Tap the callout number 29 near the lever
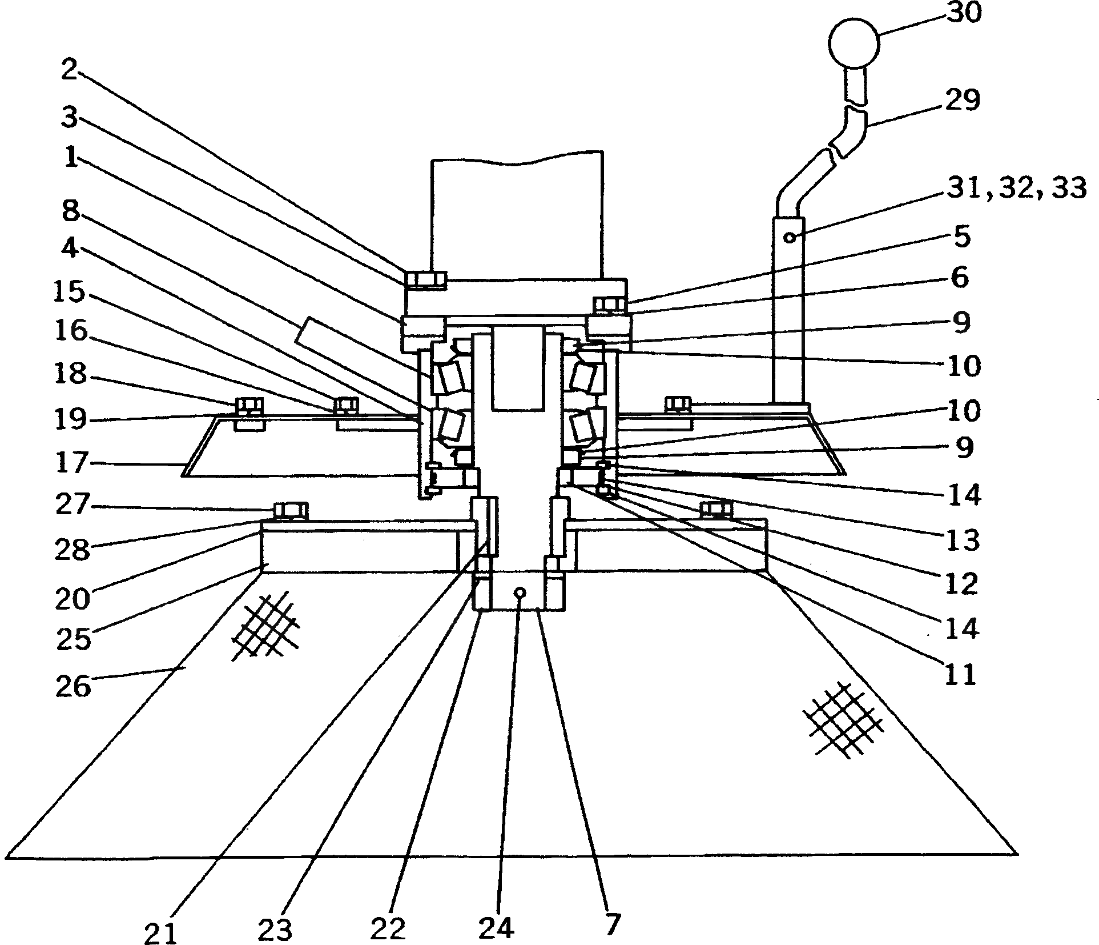963,101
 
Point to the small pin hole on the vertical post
790,237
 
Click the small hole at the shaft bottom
519,593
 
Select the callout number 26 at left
73,686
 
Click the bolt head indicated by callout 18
248,405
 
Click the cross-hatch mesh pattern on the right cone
842,718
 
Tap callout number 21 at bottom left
160,933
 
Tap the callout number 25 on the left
73,639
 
